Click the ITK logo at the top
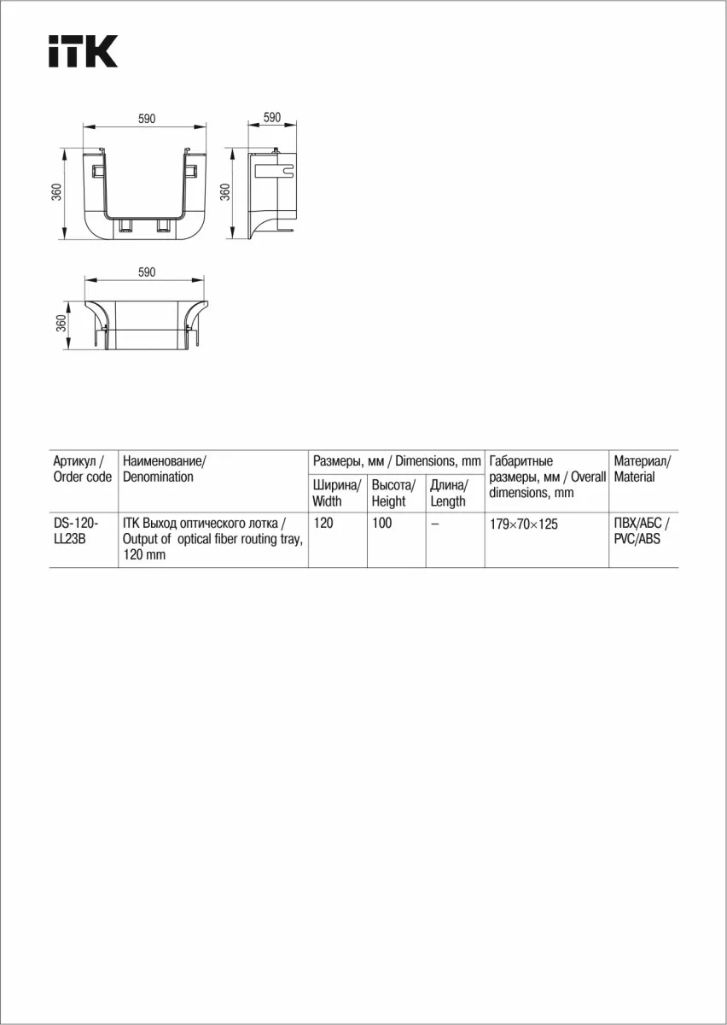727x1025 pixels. [82, 51]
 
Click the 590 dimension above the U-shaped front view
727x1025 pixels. [147, 120]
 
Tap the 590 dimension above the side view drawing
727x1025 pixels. [272, 118]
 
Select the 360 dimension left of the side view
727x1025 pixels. [225, 192]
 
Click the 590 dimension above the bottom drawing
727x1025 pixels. [147, 272]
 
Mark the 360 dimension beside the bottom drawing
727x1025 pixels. [61, 324]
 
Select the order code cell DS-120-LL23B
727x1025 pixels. [76, 531]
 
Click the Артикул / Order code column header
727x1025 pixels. [82, 469]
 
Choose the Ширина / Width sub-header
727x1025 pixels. [337, 493]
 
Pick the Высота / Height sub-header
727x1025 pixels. [393, 493]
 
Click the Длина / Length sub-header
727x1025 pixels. [449, 493]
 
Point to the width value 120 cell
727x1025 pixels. [323, 523]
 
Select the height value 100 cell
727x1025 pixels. [381, 523]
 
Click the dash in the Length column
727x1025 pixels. [435, 524]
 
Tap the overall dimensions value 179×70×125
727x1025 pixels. [524, 524]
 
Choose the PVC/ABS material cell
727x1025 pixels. [641, 530]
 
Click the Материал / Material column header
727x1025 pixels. [642, 469]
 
